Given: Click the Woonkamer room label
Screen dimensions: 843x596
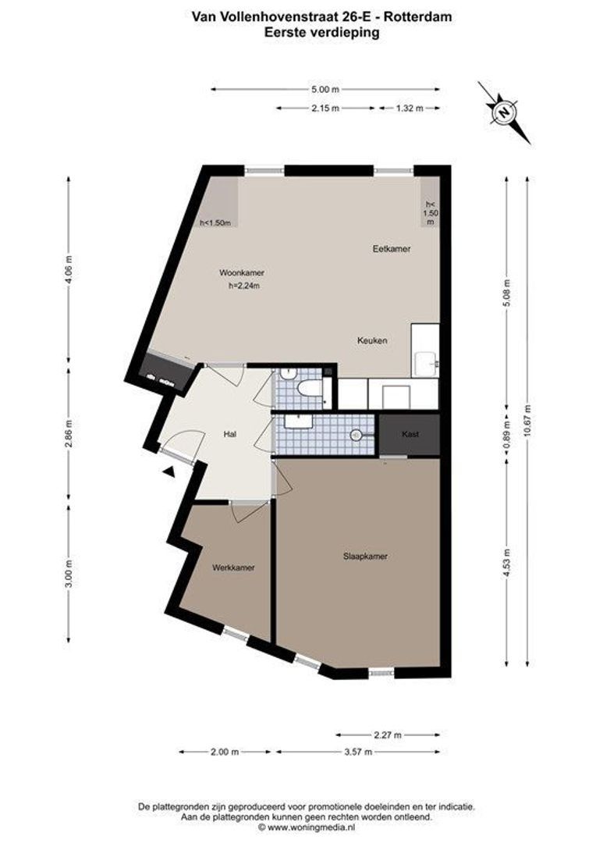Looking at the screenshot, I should tap(241, 273).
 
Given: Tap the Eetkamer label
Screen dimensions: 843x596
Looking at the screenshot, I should tap(390, 248).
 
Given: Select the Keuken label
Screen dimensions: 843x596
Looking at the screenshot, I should tap(372, 340).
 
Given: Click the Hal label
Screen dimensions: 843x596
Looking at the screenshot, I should tap(229, 434).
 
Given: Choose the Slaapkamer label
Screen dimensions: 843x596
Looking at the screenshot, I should tap(365, 557).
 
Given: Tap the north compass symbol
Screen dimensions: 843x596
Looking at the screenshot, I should tap(505, 112).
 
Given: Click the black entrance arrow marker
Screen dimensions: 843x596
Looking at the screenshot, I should tap(168, 471).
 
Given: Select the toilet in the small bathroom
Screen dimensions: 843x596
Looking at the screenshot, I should tap(310, 388).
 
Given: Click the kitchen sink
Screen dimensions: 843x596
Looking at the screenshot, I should tap(426, 361).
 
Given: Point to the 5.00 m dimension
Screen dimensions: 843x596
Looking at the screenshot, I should tap(324, 90).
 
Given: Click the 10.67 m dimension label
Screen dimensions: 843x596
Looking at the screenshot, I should tap(528, 421).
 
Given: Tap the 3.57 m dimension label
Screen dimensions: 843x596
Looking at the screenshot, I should tap(358, 752).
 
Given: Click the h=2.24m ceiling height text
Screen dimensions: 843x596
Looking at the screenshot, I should tap(243, 286).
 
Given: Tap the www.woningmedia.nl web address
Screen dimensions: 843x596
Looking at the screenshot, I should tap(311, 827).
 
